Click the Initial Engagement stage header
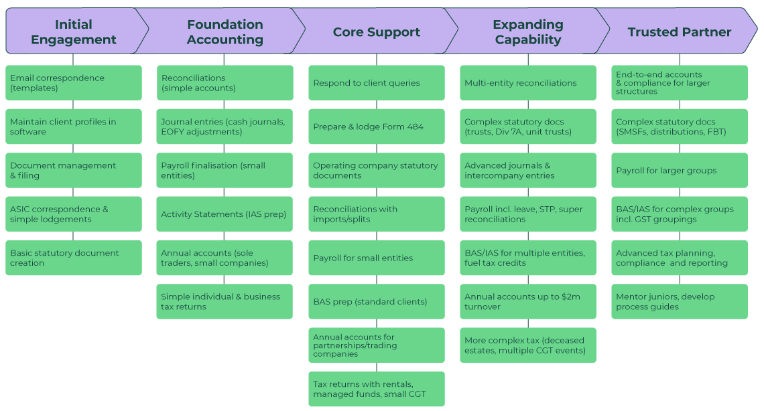(x=74, y=31)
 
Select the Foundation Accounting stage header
(x=225, y=31)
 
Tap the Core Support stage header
(x=376, y=31)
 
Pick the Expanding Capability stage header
(x=527, y=31)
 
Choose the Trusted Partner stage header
(x=679, y=31)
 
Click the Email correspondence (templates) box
(x=74, y=83)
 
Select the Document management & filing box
(x=74, y=171)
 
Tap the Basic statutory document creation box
(x=74, y=258)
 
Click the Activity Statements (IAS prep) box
(x=225, y=214)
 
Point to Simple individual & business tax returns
(x=225, y=302)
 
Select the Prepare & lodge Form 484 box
(x=376, y=127)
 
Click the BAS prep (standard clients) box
(x=376, y=302)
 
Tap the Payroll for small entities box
(x=376, y=258)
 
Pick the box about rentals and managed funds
(x=376, y=389)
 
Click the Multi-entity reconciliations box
(x=527, y=83)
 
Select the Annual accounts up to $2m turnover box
(x=527, y=302)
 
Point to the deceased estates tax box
(x=527, y=345)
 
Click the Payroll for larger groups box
(x=679, y=171)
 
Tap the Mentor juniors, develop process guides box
(x=679, y=302)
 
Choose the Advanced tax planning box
(x=679, y=258)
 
